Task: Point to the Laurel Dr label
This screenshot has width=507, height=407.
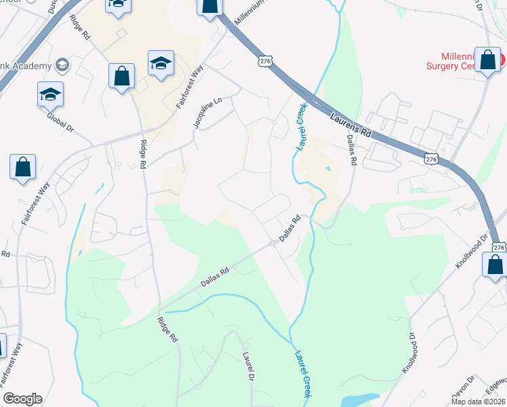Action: tap(249, 367)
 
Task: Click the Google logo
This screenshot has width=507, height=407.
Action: tap(22, 399)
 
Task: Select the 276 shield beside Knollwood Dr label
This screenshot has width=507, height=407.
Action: tap(498, 248)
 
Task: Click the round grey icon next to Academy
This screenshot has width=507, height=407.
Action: tap(63, 65)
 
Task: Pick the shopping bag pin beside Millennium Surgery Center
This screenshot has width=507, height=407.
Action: tap(487, 60)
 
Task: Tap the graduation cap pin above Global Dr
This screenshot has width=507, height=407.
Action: tap(50, 94)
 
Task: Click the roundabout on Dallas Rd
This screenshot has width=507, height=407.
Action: tap(272, 243)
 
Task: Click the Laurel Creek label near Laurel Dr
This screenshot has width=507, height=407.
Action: tap(303, 374)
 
